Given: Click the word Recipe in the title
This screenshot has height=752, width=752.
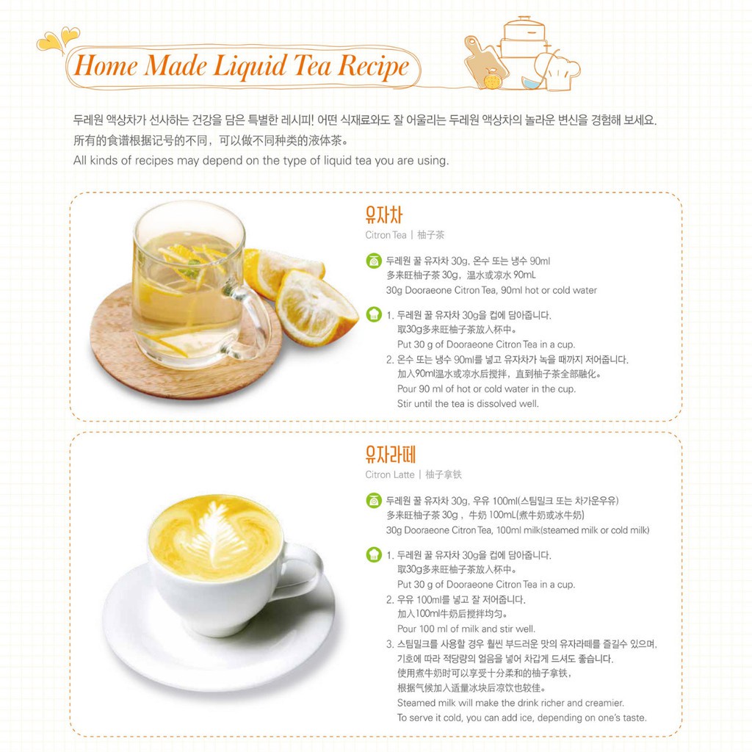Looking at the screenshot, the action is (374, 65).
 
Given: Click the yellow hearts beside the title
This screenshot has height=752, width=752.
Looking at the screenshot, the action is (58, 39).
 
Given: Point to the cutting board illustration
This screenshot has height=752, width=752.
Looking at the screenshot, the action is (485, 63).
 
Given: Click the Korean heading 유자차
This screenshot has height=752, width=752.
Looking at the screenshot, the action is (383, 214).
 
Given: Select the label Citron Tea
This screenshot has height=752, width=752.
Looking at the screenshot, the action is (386, 235).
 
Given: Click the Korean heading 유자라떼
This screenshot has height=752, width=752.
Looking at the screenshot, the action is (390, 454).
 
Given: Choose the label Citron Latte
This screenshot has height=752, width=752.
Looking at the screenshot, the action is (389, 475).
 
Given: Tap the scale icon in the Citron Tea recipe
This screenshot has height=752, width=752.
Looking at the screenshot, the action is (374, 261).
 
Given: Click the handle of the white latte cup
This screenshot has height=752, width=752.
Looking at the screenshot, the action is (303, 571).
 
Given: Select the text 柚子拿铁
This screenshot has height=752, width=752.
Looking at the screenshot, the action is (444, 475).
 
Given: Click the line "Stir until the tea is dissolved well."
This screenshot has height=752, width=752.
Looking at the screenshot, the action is (468, 404).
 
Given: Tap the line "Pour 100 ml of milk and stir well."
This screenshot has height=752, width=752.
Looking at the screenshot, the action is (466, 629).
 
